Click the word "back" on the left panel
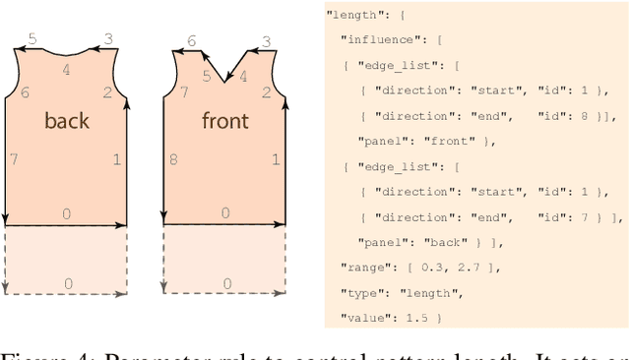(x=67, y=121)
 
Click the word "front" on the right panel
(x=224, y=121)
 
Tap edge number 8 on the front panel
(x=172, y=159)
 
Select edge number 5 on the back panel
(x=32, y=39)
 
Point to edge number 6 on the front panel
(x=191, y=40)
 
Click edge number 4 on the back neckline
(x=67, y=69)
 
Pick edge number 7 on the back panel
(x=14, y=159)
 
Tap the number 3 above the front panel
(x=266, y=40)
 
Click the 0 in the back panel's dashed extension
(x=67, y=284)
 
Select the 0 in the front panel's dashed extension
(x=225, y=284)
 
